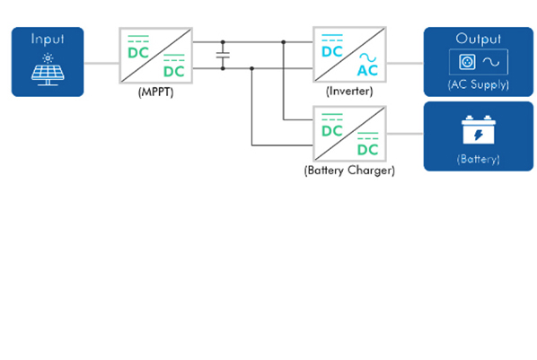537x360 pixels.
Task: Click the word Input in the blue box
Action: tap(48, 40)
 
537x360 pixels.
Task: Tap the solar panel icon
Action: tap(48, 69)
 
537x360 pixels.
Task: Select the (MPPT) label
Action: tap(156, 92)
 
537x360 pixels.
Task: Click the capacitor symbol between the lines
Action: tap(223, 55)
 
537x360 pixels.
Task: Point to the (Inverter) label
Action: tap(349, 91)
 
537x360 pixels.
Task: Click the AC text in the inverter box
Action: tap(367, 71)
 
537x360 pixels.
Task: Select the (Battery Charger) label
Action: tap(349, 171)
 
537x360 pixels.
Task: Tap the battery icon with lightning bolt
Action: tap(479, 130)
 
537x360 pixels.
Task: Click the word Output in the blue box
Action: tap(478, 39)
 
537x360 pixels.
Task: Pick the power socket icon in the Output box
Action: tap(467, 62)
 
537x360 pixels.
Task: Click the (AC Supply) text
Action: tap(479, 84)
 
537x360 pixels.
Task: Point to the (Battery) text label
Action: tap(479, 159)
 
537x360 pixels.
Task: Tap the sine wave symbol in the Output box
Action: tap(491, 62)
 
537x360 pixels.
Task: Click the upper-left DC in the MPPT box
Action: tap(138, 53)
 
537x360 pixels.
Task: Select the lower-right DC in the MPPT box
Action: tap(174, 72)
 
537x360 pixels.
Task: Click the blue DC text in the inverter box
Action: tap(332, 52)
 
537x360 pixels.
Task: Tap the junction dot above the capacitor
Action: tap(223, 42)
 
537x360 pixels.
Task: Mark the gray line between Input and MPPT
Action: tap(101, 63)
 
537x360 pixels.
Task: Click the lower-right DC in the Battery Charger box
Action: tap(368, 150)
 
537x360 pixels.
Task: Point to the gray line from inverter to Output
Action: tap(405, 63)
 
